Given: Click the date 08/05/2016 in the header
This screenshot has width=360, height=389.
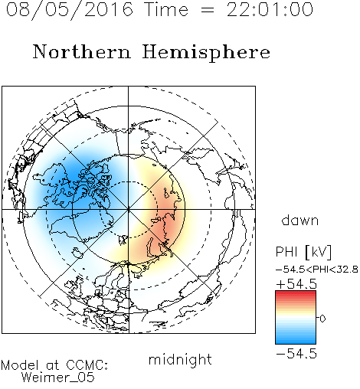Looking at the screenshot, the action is [x=70, y=10].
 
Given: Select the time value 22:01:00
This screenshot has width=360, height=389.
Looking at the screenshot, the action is [x=270, y=10].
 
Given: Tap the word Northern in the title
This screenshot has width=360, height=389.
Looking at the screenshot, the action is [x=82, y=51].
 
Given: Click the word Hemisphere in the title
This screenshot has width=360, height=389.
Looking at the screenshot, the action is [x=206, y=53].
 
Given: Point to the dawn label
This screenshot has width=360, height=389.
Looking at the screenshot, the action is [x=300, y=220].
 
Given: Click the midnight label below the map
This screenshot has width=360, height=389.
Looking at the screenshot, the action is [x=180, y=360].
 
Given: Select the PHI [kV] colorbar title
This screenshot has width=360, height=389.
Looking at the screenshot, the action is [x=303, y=252].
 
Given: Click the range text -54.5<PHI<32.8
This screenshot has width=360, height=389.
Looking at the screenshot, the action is [x=316, y=270].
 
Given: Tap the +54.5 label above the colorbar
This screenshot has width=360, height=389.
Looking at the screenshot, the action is [x=296, y=284].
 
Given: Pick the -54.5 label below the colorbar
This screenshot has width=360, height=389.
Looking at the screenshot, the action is [x=296, y=354].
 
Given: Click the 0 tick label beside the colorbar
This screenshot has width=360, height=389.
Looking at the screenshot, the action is [x=322, y=319].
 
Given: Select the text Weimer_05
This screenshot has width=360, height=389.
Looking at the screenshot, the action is [x=57, y=377].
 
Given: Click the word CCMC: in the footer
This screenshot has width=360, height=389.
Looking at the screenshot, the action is [x=87, y=365].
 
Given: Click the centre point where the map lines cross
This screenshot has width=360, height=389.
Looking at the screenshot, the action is [x=128, y=209].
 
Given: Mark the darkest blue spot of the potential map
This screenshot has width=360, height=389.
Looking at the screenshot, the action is [x=74, y=176].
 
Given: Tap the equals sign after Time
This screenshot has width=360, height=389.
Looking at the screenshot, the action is [x=208, y=11].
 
